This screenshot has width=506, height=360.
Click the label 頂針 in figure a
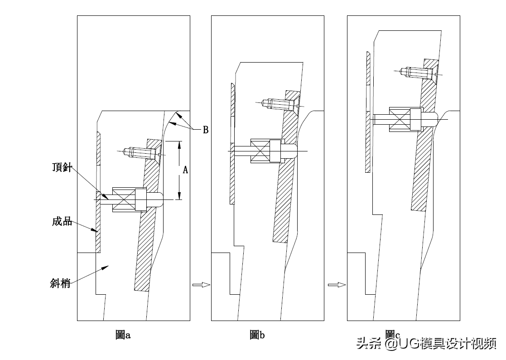[x=62, y=167]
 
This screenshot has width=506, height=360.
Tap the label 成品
[x=62, y=222]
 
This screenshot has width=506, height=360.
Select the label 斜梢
[x=60, y=283]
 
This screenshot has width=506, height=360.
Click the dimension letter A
[x=185, y=170]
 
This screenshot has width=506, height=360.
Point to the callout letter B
[x=206, y=130]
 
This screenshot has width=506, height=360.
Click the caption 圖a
[x=123, y=335]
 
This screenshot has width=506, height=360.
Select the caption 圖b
[x=257, y=335]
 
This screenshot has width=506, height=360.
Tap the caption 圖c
[x=393, y=334]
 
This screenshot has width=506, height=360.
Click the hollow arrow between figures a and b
[x=202, y=284]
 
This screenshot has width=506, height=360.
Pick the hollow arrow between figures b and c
[x=337, y=284]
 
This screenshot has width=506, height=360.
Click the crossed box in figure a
[x=124, y=199]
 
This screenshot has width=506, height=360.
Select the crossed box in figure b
[x=260, y=151]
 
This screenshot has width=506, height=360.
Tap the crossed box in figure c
[x=400, y=119]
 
